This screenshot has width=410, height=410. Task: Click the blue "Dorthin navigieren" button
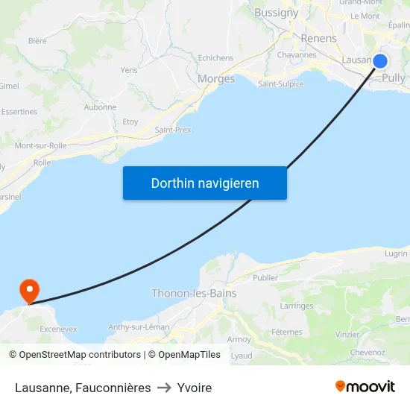click(205, 183)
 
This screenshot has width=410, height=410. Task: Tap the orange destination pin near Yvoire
click(30, 289)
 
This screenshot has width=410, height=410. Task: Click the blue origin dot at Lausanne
click(380, 61)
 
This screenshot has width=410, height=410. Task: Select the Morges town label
click(216, 79)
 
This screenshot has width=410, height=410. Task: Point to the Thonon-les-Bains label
click(194, 293)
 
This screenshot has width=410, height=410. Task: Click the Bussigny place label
click(276, 13)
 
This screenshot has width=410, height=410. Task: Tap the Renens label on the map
click(319, 38)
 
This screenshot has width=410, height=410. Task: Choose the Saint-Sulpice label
click(280, 84)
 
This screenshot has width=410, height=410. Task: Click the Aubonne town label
click(101, 107)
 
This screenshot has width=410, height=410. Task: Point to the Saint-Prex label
click(173, 130)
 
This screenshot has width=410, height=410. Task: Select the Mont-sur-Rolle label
click(40, 146)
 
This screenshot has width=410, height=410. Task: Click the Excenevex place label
click(58, 329)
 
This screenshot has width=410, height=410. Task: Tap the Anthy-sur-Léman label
click(139, 327)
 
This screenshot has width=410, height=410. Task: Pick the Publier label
click(265, 278)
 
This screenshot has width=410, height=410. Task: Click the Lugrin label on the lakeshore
click(397, 253)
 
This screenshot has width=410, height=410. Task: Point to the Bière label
click(37, 41)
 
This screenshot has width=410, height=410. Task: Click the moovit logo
click(365, 387)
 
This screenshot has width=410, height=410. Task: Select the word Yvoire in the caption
click(195, 388)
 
